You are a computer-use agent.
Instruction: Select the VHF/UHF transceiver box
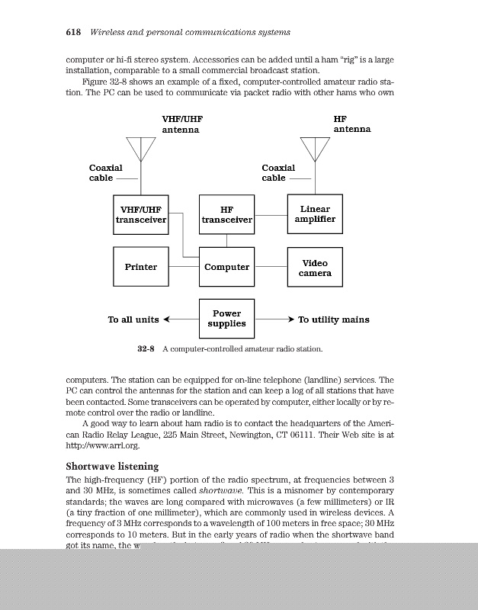pos(141,214)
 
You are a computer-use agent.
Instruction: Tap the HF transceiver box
pos(226,214)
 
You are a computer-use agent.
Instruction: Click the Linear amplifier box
pos(315,214)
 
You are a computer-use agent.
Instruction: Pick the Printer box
pos(141,267)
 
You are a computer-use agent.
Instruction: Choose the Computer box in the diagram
pos(226,267)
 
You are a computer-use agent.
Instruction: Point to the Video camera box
pos(315,267)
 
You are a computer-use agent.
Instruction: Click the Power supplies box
pos(226,319)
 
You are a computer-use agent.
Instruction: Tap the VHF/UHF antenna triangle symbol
pos(141,146)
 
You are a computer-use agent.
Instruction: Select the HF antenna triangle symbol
pos(315,146)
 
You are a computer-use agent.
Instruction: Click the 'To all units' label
pos(133,319)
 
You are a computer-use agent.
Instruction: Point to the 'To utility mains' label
pos(333,319)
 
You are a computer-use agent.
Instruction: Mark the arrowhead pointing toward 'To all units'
pos(168,319)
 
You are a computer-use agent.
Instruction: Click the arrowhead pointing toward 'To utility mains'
pos(287,319)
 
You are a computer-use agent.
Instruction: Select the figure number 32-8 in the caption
pos(146,349)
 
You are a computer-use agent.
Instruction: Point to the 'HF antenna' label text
pos(351,124)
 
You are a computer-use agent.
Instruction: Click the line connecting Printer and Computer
pos(184,267)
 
